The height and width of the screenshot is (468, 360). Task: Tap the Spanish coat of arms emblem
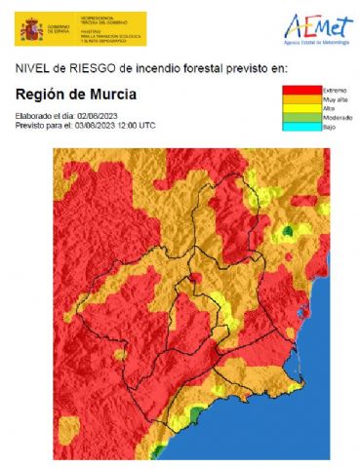tap(27, 28)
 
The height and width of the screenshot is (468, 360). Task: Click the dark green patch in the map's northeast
tap(289, 231)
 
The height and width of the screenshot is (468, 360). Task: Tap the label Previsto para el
tap(43, 126)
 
